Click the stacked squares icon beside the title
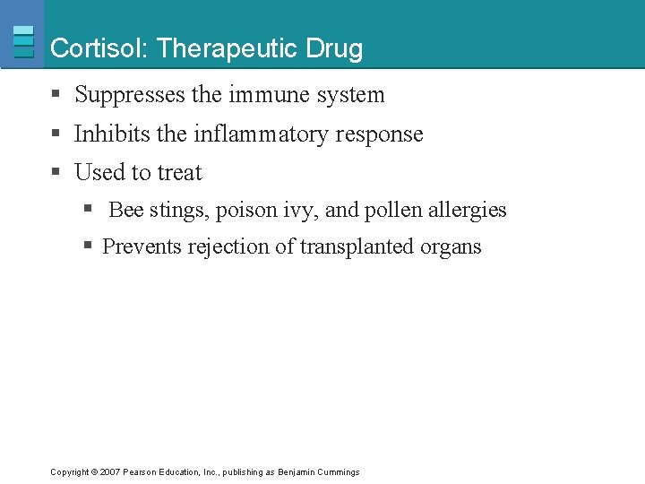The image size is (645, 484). [23, 41]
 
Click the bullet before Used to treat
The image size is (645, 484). [56, 172]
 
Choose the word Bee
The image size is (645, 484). [126, 211]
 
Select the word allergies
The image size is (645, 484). [468, 211]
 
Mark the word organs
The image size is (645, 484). [451, 247]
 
